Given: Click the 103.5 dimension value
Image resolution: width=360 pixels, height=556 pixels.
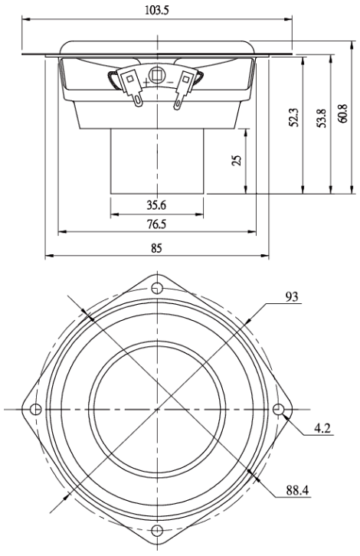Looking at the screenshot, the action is [157, 10].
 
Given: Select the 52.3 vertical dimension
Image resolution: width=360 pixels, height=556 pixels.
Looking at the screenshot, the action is [294, 117].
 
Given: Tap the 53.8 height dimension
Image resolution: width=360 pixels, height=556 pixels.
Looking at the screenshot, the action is [322, 118].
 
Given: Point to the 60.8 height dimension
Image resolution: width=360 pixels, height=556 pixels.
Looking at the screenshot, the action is [343, 113].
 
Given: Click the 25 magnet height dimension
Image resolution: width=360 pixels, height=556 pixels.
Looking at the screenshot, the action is [237, 160].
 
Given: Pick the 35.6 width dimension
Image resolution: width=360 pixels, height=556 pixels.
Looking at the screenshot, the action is [156, 205].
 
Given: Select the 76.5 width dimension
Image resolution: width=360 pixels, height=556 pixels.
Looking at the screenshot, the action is [156, 224].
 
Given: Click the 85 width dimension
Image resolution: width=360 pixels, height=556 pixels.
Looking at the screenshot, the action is [156, 248].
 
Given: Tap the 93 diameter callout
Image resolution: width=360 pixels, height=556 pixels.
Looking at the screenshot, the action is [293, 297].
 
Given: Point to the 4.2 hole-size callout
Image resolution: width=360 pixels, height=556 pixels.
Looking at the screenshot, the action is [322, 428].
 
